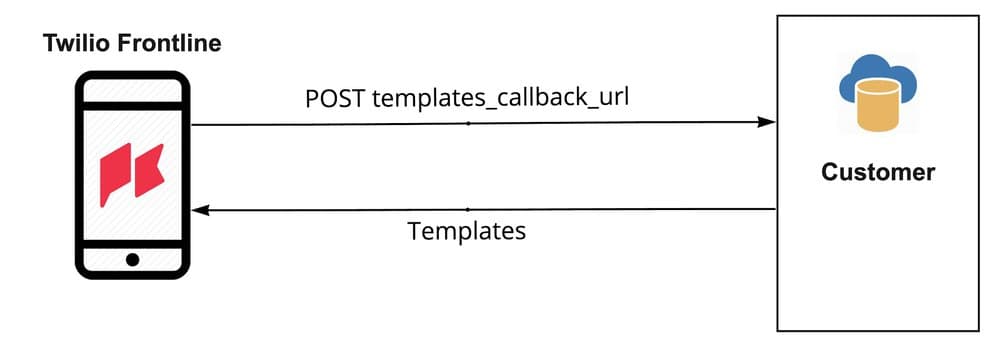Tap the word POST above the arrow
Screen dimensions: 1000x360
pos(335,101)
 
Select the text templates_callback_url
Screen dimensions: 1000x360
pos(500,101)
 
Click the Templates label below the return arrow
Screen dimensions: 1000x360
pos(466,231)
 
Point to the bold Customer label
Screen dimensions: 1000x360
pos(878,172)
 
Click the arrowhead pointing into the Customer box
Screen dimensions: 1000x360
pos(768,122)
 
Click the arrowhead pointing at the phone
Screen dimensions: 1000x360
pos(200,210)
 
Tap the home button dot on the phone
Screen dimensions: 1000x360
pos(133,260)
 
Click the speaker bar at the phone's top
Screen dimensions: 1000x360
pos(133,87)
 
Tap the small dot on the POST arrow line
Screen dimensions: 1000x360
pos(468,123)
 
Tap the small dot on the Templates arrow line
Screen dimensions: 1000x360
pos(468,209)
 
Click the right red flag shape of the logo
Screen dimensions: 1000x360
pos(150,172)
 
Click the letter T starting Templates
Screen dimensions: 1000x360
pos(414,231)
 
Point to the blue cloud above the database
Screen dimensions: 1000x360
pos(877,76)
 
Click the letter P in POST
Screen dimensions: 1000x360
pos(313,101)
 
